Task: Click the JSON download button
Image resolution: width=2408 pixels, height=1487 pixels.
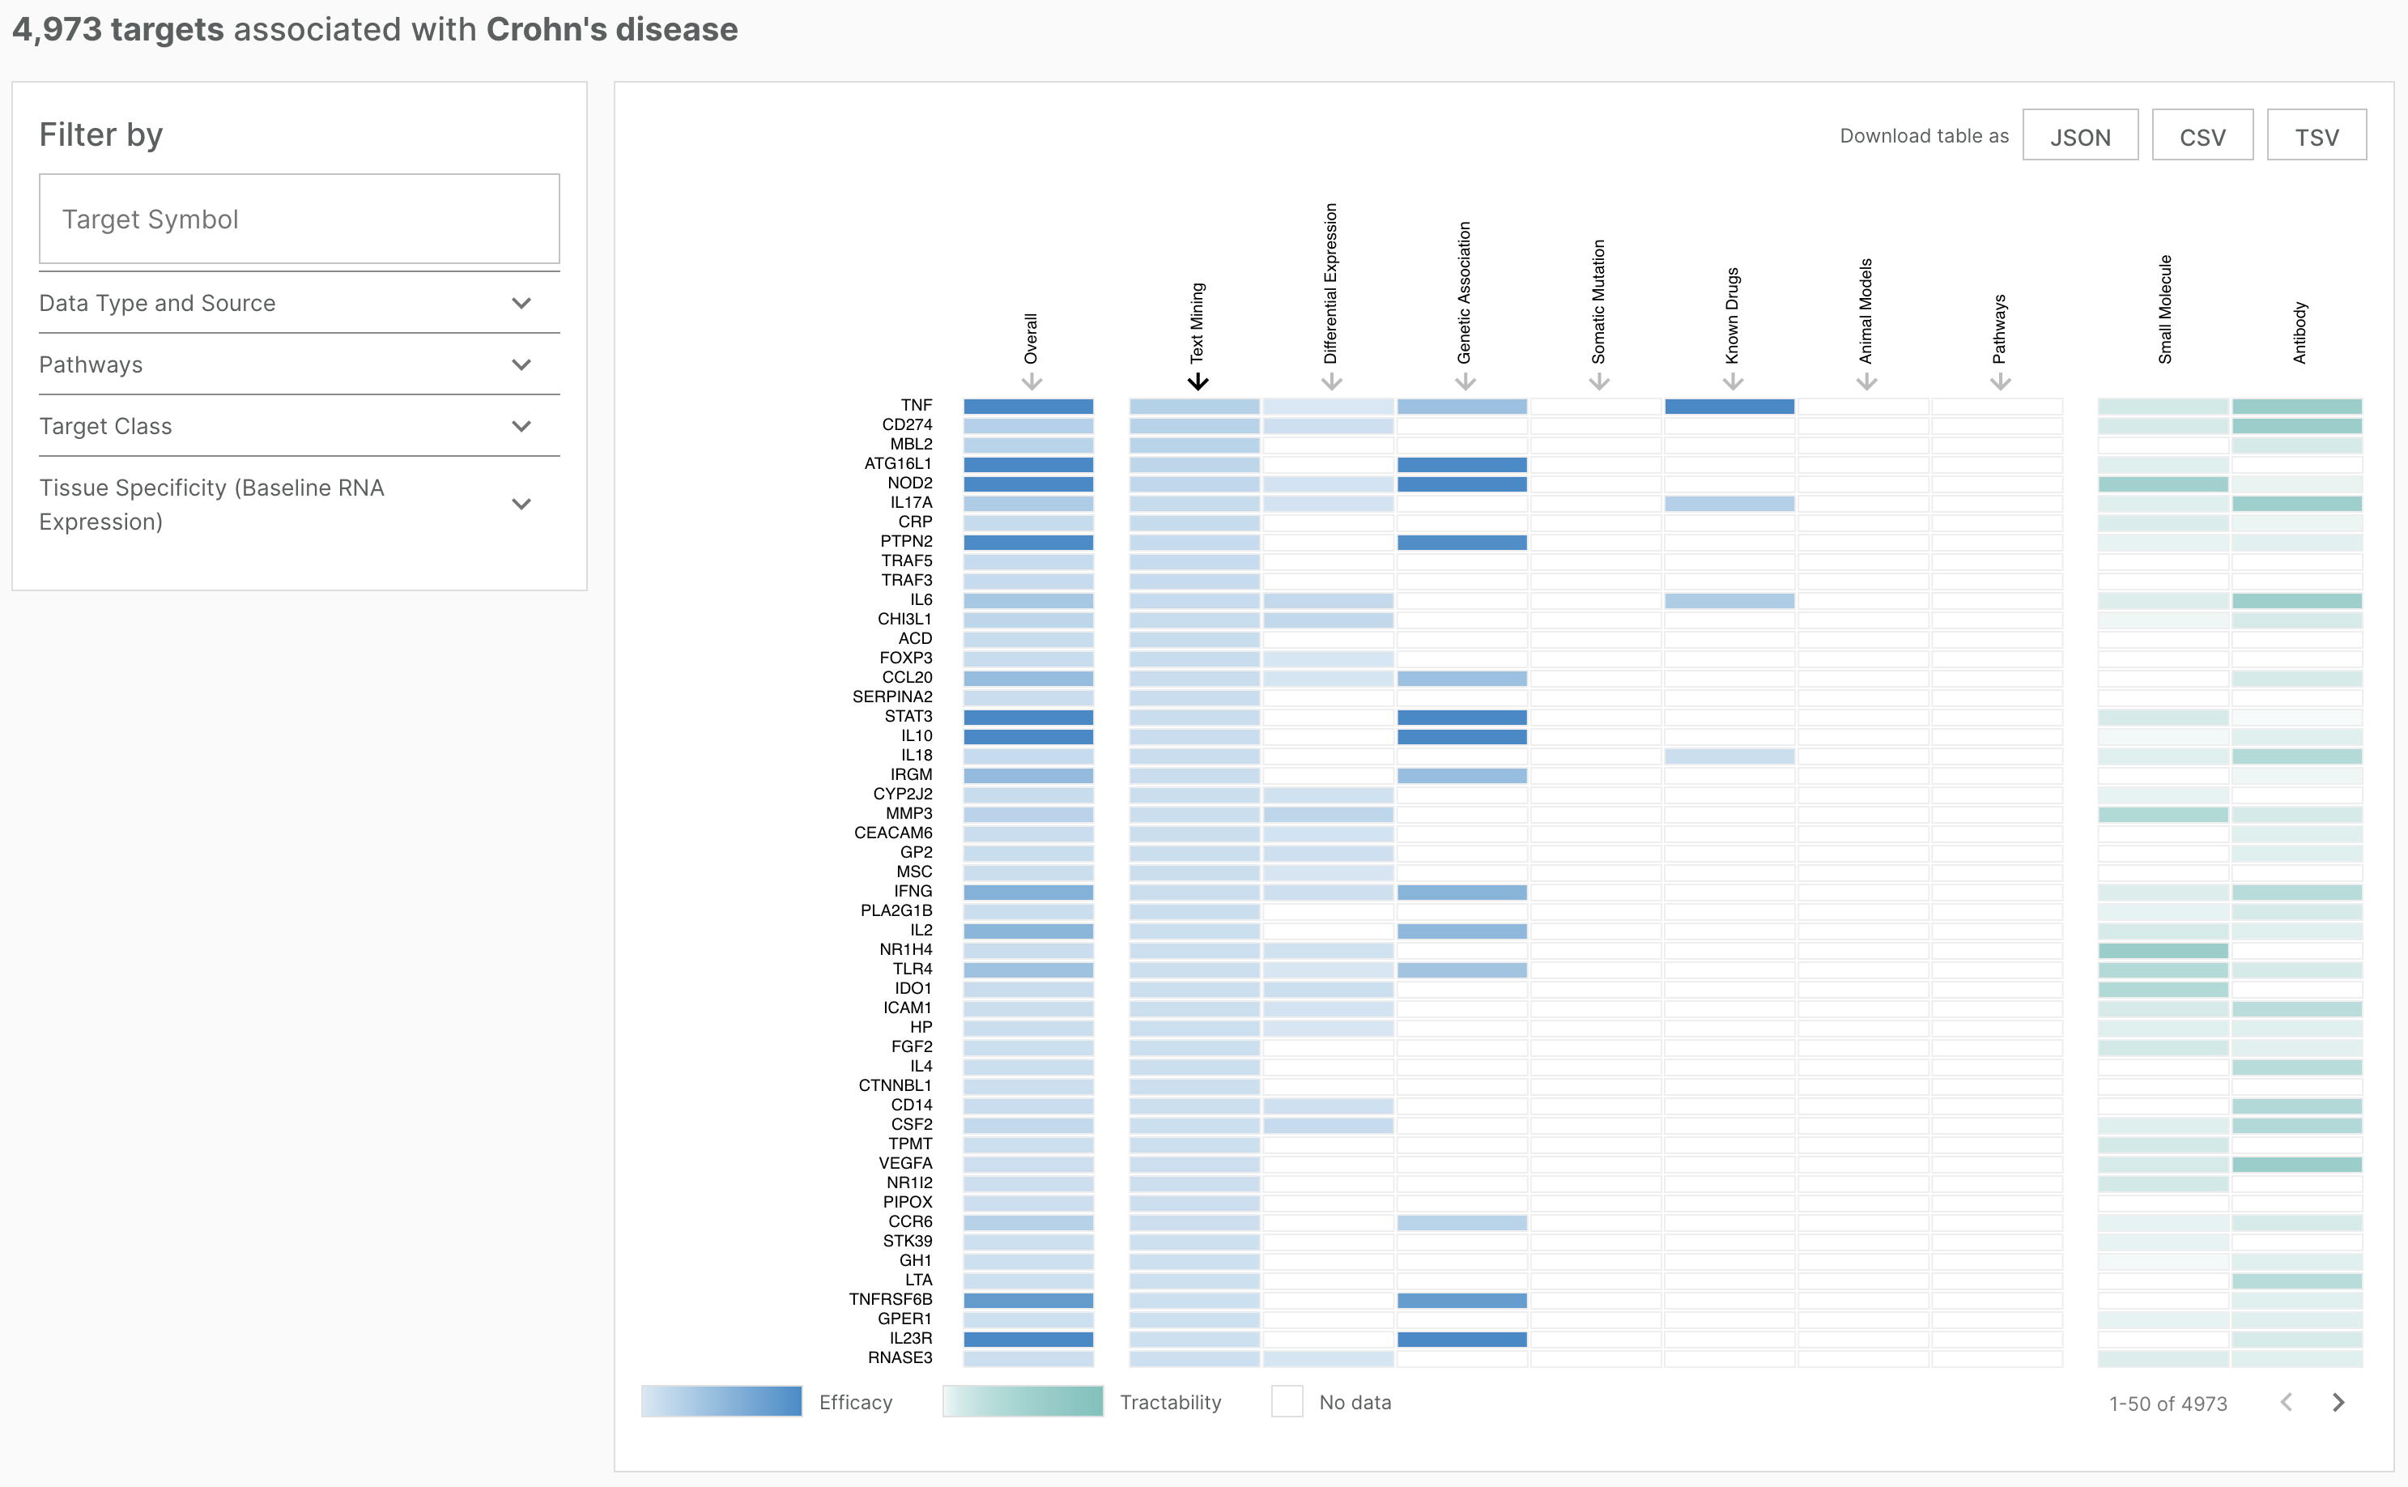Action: [x=2079, y=136]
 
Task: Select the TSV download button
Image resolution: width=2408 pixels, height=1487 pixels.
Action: [x=2316, y=136]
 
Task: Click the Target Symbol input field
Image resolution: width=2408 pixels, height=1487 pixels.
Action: [x=299, y=219]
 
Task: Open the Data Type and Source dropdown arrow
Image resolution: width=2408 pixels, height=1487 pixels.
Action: [x=521, y=303]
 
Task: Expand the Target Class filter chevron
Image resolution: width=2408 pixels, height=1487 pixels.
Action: [x=521, y=426]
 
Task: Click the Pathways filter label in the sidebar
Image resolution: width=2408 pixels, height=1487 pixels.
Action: [x=91, y=364]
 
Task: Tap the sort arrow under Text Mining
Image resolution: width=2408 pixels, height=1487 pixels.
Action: [x=1197, y=381]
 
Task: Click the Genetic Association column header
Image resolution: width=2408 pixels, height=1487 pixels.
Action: [x=1464, y=293]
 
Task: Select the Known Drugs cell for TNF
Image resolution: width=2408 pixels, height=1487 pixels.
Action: [x=1729, y=407]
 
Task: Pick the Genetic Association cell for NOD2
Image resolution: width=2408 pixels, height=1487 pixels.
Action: [x=1461, y=484]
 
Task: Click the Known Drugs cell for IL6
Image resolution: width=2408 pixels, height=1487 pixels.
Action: [x=1729, y=601]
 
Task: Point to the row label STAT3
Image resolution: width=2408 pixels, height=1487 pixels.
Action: [x=908, y=716]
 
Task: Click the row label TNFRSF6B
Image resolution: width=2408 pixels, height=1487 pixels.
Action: [x=890, y=1299]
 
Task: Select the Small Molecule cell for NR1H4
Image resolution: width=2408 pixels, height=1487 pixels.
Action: [x=2162, y=951]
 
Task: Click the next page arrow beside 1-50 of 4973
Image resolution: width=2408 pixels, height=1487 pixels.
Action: [x=2338, y=1403]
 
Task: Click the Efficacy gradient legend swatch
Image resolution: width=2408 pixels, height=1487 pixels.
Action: [x=721, y=1401]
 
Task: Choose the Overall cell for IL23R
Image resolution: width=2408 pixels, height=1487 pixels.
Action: [x=1027, y=1340]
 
